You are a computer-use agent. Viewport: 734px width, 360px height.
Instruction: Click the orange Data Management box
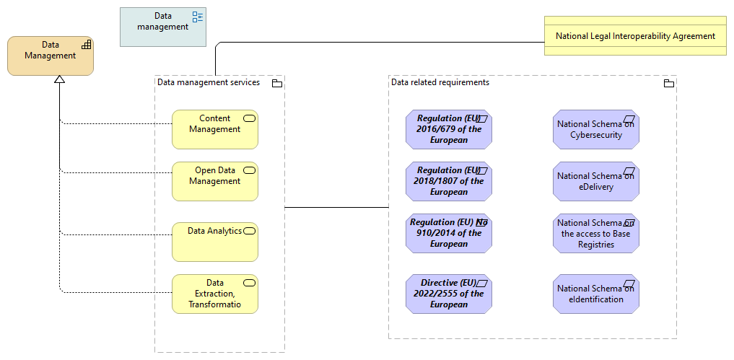pyautogui.click(x=50, y=56)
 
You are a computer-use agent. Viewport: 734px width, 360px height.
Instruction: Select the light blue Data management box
pyautogui.click(x=162, y=27)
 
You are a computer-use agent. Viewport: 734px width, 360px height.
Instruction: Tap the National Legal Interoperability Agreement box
pyautogui.click(x=635, y=36)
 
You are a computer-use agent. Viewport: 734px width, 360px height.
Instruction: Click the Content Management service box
pyautogui.click(x=214, y=129)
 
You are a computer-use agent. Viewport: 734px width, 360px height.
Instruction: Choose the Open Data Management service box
pyautogui.click(x=214, y=181)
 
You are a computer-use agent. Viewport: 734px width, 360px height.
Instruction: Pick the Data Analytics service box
pyautogui.click(x=214, y=242)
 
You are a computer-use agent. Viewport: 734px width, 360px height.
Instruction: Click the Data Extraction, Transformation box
pyautogui.click(x=214, y=294)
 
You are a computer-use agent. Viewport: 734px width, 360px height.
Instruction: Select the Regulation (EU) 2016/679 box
pyautogui.click(x=448, y=129)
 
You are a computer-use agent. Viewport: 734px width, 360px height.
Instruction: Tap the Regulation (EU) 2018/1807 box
pyautogui.click(x=448, y=181)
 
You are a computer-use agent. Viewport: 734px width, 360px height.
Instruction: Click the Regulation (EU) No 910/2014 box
pyautogui.click(x=448, y=233)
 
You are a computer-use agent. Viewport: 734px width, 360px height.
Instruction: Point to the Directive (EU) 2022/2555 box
pyautogui.click(x=448, y=294)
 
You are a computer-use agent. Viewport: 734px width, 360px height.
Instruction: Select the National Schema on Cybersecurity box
pyautogui.click(x=595, y=129)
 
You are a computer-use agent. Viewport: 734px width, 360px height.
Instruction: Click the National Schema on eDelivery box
pyautogui.click(x=595, y=181)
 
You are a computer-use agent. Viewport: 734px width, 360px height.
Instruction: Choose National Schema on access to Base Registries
pyautogui.click(x=595, y=233)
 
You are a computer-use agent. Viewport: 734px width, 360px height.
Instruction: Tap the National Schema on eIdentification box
pyautogui.click(x=595, y=294)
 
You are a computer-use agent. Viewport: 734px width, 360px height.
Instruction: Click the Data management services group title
pyautogui.click(x=209, y=82)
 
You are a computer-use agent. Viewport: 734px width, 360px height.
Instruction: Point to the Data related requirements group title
pyautogui.click(x=440, y=82)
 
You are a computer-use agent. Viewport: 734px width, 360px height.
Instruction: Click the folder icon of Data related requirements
pyautogui.click(x=668, y=84)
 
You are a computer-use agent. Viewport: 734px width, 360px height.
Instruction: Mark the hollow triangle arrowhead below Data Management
pyautogui.click(x=60, y=80)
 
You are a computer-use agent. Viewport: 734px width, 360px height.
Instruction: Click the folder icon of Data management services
pyautogui.click(x=276, y=84)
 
